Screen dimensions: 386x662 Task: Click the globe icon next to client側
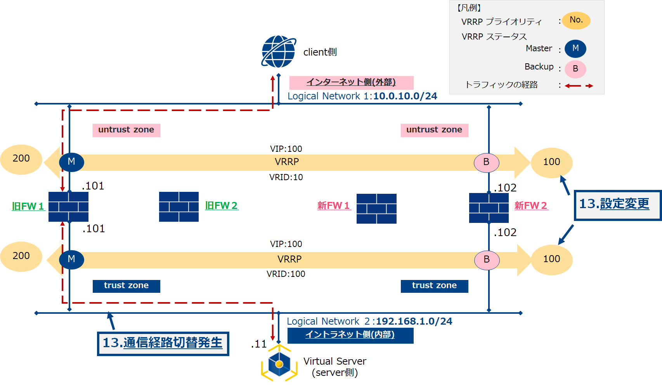tap(278, 52)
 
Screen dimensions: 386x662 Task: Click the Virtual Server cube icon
tap(279, 364)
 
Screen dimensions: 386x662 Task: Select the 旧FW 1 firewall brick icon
tap(68, 207)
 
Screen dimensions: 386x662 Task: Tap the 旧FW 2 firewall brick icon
tap(179, 207)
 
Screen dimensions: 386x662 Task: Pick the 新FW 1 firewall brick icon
tap(376, 209)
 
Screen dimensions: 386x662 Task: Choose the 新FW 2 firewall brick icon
tap(489, 208)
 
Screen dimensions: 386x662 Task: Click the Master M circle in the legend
tap(575, 49)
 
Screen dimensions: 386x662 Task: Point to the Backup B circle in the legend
tap(575, 69)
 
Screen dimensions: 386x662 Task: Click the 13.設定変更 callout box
tap(617, 205)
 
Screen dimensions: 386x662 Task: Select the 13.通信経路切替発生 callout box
tap(163, 343)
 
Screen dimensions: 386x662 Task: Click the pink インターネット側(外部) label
tap(351, 82)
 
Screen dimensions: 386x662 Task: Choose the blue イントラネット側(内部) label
tap(350, 335)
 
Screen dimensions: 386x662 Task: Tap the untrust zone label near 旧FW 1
tap(126, 130)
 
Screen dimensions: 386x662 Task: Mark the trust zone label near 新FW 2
tap(434, 286)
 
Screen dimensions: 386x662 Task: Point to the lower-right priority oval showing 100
tap(551, 259)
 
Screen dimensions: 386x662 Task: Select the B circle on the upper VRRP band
tap(486, 162)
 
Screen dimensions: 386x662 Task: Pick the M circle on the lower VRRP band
tap(71, 259)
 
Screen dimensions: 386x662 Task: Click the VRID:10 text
tap(286, 177)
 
